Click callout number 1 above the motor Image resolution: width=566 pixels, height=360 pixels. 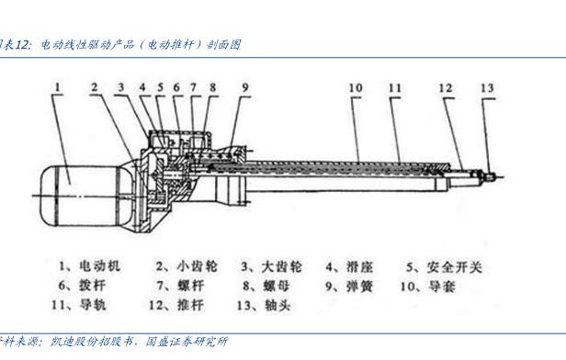point(57,87)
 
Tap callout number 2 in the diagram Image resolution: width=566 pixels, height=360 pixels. point(95,87)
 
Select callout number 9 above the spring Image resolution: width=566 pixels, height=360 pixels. point(245,87)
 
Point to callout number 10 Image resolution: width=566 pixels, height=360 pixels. point(356,88)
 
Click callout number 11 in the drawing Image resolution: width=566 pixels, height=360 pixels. point(395,88)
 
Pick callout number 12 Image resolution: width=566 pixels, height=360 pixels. point(446,88)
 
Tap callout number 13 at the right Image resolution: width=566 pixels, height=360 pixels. point(487,88)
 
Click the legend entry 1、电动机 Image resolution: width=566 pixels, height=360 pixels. point(89,266)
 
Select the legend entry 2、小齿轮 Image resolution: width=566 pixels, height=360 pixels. point(187,266)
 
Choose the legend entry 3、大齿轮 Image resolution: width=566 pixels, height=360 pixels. point(271,267)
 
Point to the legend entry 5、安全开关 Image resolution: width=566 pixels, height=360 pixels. point(445,267)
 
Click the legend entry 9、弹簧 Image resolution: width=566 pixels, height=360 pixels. point(349,287)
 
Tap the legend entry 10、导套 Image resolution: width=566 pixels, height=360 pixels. point(428,287)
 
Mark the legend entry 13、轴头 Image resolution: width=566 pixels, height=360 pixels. point(264,306)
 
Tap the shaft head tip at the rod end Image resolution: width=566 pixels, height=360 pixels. point(491,176)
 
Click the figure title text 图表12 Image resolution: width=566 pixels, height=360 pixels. point(14,45)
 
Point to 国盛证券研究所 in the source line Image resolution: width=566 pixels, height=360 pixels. point(187,342)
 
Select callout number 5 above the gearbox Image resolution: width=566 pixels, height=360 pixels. point(160,87)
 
